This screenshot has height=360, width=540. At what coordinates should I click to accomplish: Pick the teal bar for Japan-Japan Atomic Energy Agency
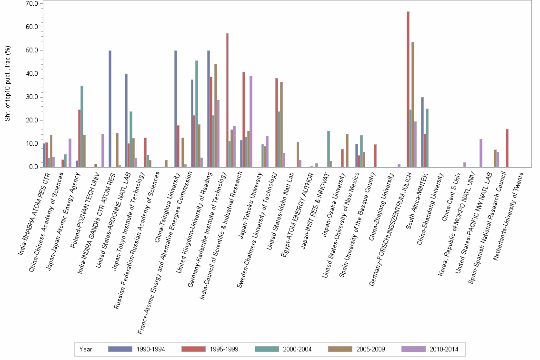82,126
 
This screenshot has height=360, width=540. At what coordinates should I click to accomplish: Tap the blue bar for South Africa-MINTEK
422,132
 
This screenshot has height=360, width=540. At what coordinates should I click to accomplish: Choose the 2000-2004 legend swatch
269,349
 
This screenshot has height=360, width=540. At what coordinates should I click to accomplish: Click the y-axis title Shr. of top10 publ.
7,84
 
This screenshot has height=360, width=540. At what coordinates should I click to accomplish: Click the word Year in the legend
86,349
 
